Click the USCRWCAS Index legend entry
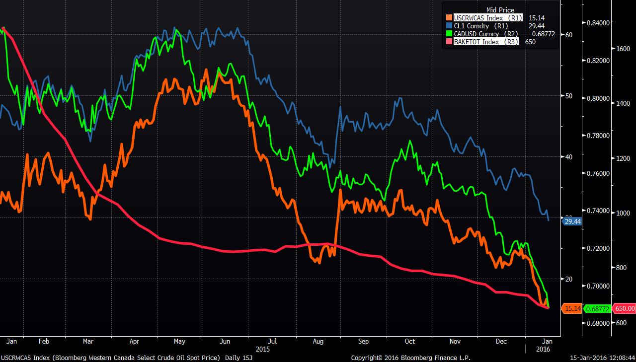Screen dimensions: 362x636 click(x=487, y=18)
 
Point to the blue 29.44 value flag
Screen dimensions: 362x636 click(x=572, y=221)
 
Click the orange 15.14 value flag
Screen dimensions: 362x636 click(x=572, y=308)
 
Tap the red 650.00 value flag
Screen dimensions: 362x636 click(x=624, y=308)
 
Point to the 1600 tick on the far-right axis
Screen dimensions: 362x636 click(x=623, y=49)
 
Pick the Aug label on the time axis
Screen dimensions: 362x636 click(x=318, y=342)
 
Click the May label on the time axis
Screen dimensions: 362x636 click(x=179, y=342)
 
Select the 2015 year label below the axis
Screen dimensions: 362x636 click(x=263, y=349)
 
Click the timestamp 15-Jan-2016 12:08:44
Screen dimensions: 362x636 click(x=602, y=358)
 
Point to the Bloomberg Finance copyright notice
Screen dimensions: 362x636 click(x=410, y=358)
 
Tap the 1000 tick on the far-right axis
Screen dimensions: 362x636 click(x=623, y=213)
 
